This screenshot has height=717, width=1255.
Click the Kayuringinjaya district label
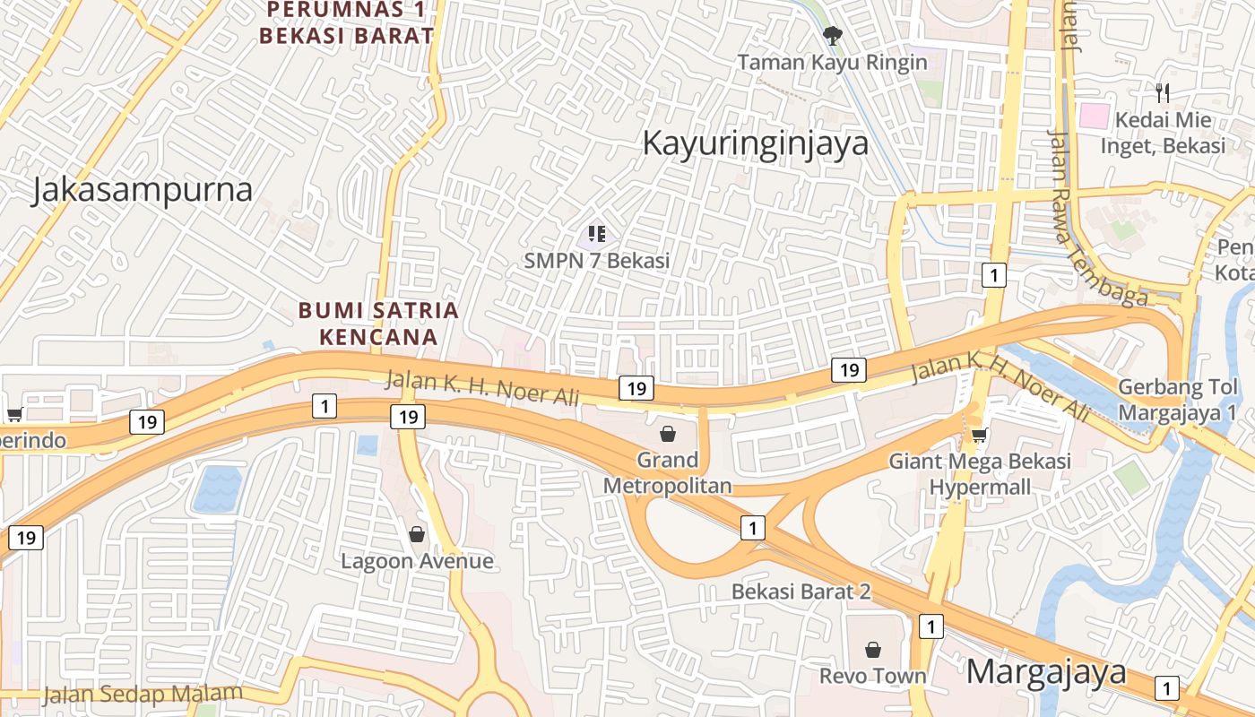tap(756, 143)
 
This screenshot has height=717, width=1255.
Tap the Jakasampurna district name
tap(142, 190)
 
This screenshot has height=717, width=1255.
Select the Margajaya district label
tap(1046, 671)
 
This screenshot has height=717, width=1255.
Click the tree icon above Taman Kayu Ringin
tap(833, 36)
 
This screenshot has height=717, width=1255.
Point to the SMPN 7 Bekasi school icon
tap(597, 235)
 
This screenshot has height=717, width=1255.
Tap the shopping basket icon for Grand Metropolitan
tap(668, 435)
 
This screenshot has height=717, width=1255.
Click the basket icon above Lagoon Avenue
tap(417, 535)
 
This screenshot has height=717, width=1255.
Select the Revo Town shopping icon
tap(873, 650)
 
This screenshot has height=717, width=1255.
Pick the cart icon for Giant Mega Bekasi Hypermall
tap(980, 436)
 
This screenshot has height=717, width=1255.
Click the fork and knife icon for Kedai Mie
tap(1164, 92)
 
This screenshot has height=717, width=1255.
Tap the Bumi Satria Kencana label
tap(378, 324)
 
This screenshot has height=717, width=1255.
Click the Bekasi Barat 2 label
tap(801, 592)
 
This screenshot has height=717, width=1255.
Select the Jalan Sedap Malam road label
tap(143, 694)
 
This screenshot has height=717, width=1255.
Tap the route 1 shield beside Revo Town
tap(931, 626)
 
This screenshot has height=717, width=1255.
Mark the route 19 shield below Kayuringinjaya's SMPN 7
tap(636, 388)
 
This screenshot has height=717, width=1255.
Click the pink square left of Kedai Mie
tap(1094, 116)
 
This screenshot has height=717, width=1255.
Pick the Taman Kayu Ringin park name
tap(832, 62)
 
